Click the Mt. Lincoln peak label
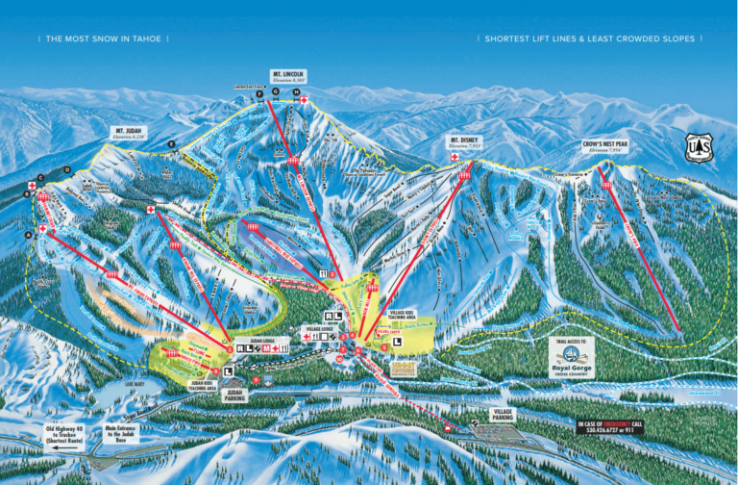(x=287, y=75)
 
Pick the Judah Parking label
(x=234, y=394)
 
